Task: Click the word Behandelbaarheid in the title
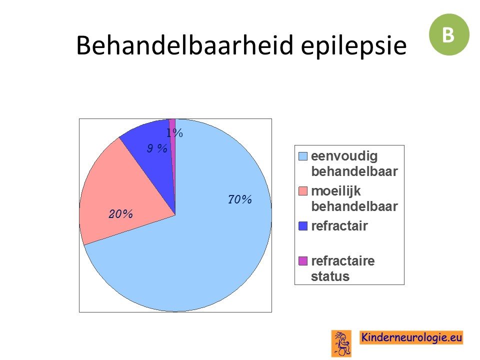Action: (x=184, y=45)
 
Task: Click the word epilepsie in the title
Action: (x=353, y=46)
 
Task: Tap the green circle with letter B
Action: (x=449, y=34)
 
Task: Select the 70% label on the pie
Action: (x=240, y=199)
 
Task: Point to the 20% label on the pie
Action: (x=120, y=214)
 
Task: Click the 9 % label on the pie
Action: (x=157, y=148)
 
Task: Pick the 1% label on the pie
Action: (x=175, y=133)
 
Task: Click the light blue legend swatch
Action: (x=303, y=156)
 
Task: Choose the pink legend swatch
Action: (x=303, y=191)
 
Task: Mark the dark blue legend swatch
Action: (x=303, y=226)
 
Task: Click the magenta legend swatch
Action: (x=303, y=261)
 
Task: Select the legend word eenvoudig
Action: (x=344, y=156)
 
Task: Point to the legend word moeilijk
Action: (x=336, y=191)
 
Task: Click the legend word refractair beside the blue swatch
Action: (x=339, y=226)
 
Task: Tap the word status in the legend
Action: (x=330, y=276)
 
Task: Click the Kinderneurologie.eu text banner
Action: (x=411, y=337)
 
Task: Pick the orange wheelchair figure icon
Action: (x=341, y=343)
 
